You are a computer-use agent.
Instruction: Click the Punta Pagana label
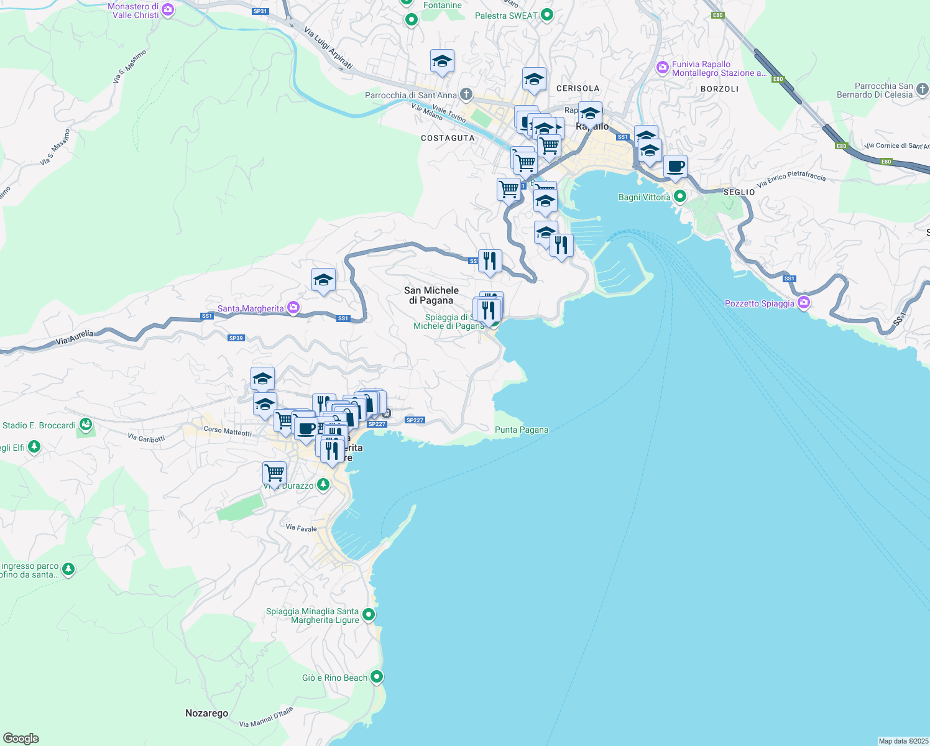522,430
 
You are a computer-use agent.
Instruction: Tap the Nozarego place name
206,713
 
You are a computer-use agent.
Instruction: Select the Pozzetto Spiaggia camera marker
804,303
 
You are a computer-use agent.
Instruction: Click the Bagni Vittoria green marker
679,197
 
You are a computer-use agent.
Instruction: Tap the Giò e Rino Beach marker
377,677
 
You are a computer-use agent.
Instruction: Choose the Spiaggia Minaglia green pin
369,615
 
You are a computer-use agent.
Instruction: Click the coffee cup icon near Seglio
675,167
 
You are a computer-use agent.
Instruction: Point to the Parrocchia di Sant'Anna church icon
466,95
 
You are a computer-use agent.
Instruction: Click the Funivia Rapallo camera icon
662,67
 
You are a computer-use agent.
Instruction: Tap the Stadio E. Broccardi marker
86,425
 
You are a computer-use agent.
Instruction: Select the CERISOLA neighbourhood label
578,88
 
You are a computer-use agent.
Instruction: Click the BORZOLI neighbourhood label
719,89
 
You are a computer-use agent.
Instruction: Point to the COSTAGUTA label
448,138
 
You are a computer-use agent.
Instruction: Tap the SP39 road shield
236,338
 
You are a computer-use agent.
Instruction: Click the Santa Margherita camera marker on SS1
293,308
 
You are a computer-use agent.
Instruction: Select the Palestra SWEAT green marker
547,15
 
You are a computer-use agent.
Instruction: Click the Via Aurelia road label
75,338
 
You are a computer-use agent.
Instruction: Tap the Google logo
21,738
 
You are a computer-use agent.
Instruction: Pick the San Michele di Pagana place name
431,295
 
